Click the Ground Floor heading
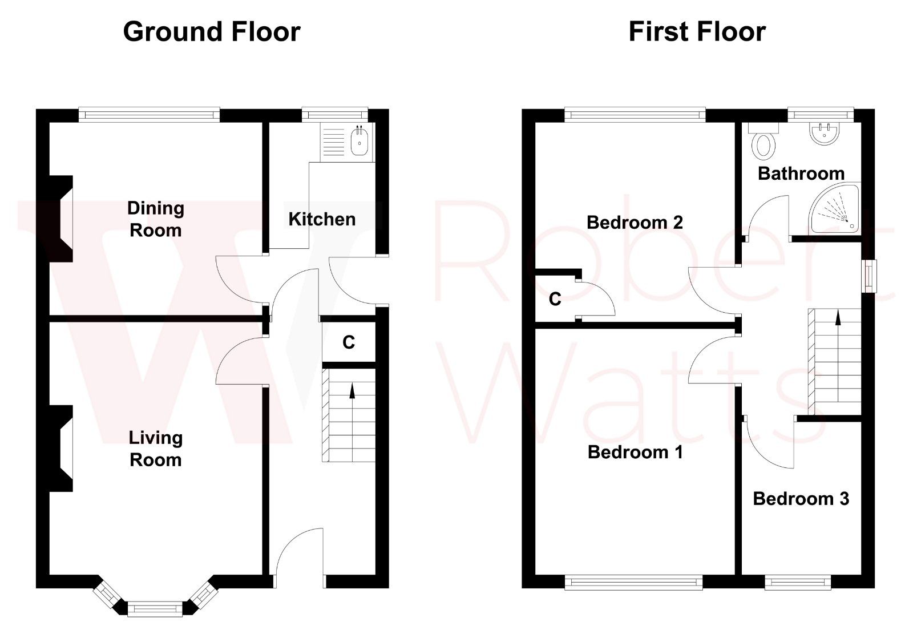[212, 32]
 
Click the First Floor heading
[697, 32]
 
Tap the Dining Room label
[156, 219]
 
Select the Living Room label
[156, 449]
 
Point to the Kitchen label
[322, 219]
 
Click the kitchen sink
[359, 141]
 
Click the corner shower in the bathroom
[836, 209]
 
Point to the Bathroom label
[801, 173]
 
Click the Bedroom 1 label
[635, 453]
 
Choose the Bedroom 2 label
[635, 222]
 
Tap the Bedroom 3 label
[801, 499]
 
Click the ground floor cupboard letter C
[349, 342]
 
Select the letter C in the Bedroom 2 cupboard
[555, 299]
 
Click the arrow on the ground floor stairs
[352, 391]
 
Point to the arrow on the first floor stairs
[838, 317]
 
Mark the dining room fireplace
[61, 219]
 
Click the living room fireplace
[61, 449]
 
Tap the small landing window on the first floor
[869, 276]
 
